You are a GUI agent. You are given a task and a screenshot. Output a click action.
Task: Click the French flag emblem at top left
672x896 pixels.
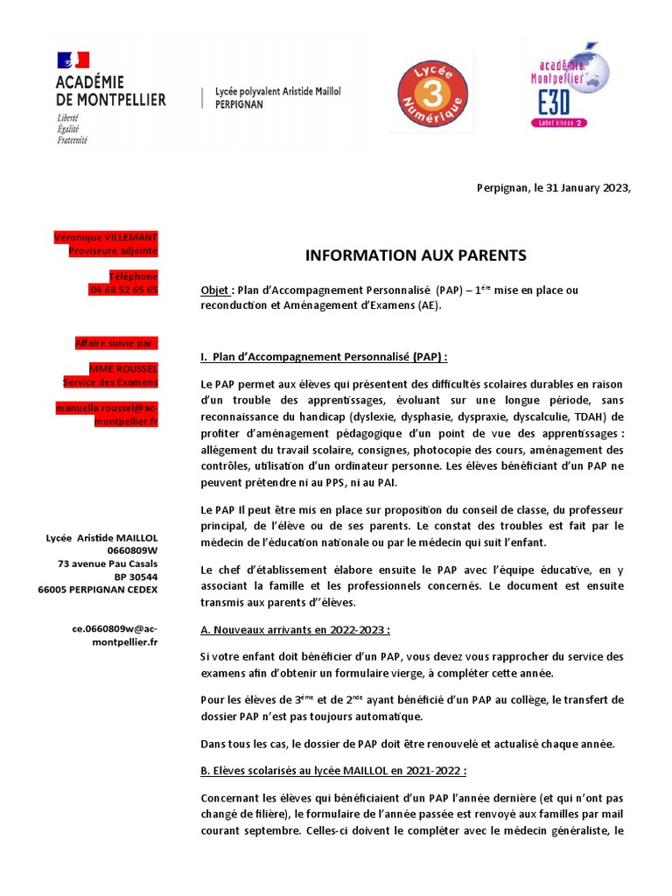(x=73, y=60)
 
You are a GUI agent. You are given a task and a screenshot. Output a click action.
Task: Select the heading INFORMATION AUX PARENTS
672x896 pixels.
(x=416, y=255)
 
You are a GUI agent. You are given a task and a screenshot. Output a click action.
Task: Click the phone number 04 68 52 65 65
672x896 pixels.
(x=123, y=290)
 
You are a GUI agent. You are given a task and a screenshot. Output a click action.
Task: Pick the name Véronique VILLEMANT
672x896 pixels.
(x=106, y=237)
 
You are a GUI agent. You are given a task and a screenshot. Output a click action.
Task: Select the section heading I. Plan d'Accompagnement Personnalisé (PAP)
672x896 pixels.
(x=324, y=357)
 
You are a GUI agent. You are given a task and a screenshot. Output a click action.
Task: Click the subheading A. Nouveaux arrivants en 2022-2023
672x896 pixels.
(x=295, y=630)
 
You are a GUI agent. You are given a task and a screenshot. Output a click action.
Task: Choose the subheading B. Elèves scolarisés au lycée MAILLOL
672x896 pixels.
(x=333, y=771)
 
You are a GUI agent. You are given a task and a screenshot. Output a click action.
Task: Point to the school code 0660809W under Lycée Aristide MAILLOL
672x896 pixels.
(x=133, y=550)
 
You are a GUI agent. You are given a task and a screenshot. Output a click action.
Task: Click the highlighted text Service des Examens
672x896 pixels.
(x=110, y=382)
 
